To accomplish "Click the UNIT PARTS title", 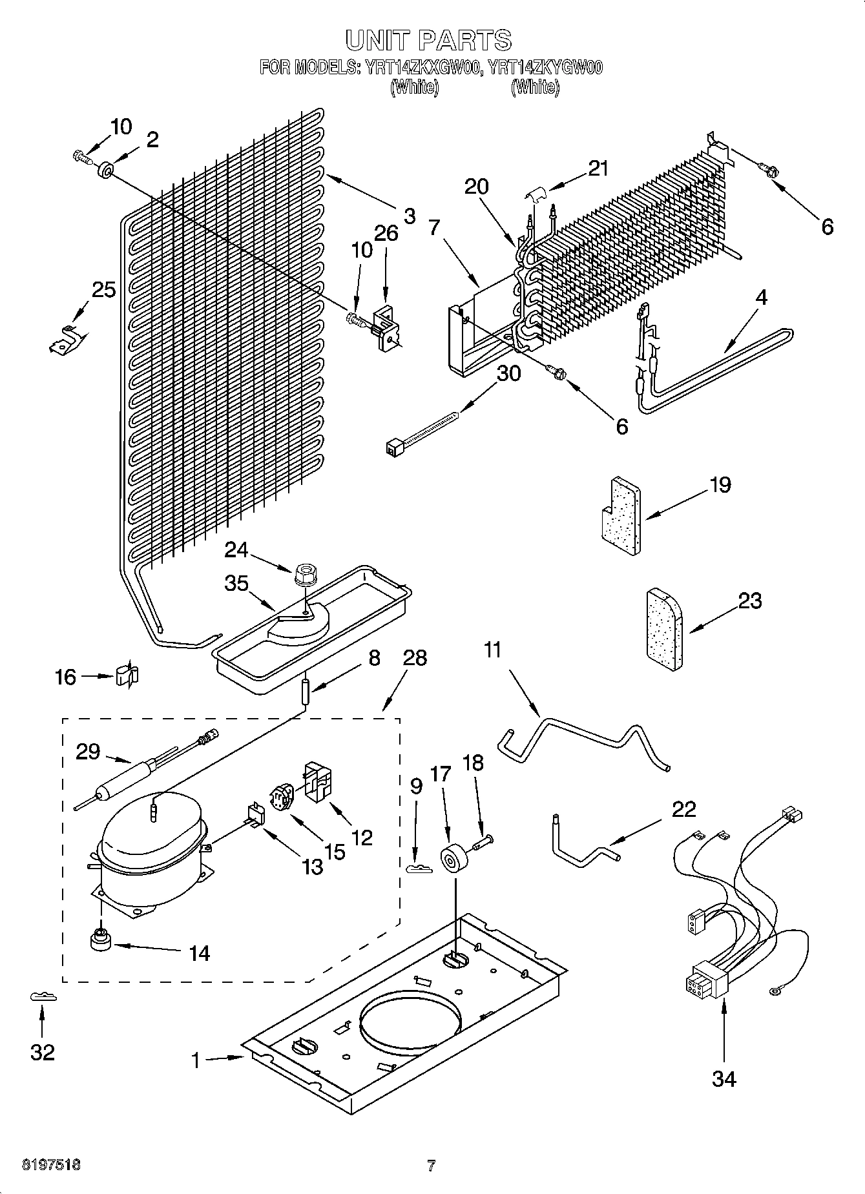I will click(429, 40).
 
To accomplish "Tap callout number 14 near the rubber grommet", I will click(200, 952).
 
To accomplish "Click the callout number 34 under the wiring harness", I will click(724, 1078).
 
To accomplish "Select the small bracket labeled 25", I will click(66, 339).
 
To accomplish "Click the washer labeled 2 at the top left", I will click(104, 171).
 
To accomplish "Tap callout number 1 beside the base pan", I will click(195, 1060).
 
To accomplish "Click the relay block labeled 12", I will click(318, 782).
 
